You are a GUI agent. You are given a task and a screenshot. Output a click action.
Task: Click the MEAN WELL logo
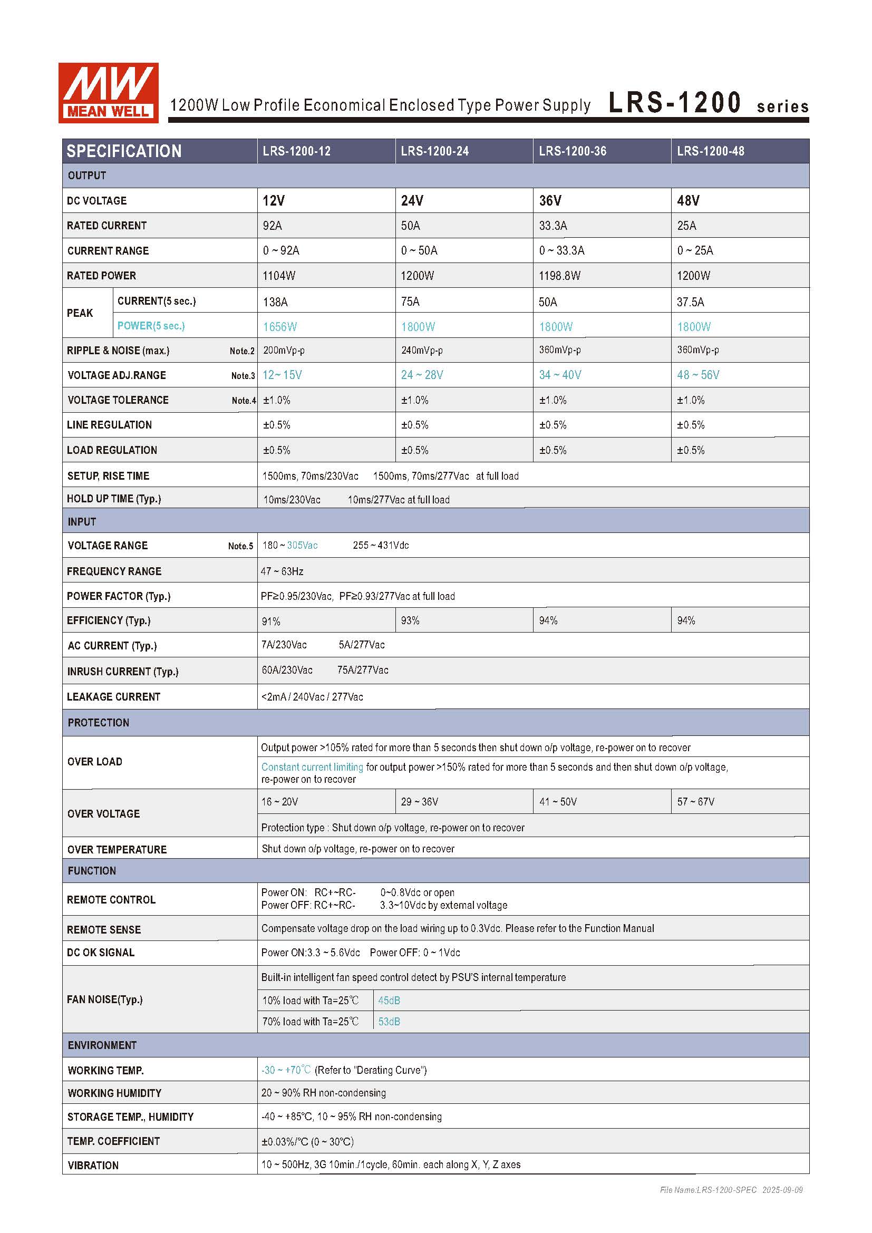coord(108,93)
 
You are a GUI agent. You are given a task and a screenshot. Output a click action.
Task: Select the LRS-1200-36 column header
coord(573,151)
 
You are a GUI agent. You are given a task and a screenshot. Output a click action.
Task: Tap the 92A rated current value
coord(272,226)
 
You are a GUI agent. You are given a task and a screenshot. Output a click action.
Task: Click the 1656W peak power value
coord(280,326)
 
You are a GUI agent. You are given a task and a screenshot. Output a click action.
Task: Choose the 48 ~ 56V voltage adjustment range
coord(697,375)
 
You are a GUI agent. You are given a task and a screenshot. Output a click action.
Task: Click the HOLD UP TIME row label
coord(114,499)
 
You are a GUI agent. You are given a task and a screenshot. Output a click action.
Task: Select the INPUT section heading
coord(82,522)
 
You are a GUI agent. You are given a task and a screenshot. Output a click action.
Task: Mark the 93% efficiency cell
coord(410,621)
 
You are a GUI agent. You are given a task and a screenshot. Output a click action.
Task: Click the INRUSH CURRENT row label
coord(122,672)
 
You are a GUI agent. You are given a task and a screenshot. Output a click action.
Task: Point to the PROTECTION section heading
coord(98,723)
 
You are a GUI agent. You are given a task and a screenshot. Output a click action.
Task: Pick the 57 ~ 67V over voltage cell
coord(695,802)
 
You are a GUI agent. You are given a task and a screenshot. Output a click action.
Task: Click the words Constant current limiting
coord(312,768)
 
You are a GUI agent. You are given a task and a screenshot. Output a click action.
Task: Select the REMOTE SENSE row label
coord(104,930)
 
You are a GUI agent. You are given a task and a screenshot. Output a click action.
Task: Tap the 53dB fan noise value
coord(389,1022)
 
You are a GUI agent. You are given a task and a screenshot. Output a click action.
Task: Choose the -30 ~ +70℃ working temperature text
coord(286,1070)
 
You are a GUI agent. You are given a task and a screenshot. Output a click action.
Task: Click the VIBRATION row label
coord(93,1166)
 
